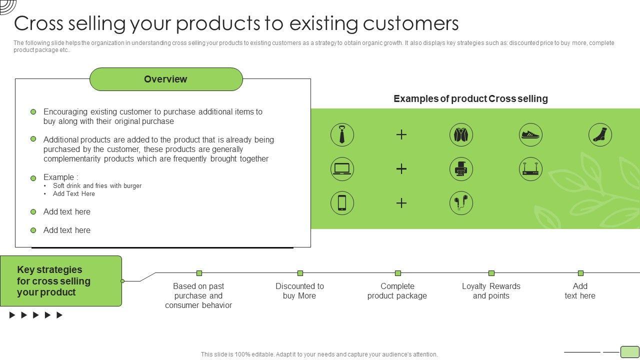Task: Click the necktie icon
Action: tap(342, 134)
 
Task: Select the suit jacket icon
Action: tap(461, 134)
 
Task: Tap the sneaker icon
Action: tap(530, 134)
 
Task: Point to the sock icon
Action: tap(599, 134)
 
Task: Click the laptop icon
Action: tap(342, 169)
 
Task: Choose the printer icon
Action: tap(461, 169)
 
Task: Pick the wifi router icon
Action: tap(530, 169)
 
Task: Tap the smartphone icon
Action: tap(342, 203)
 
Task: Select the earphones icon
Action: tap(461, 203)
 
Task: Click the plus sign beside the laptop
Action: tap(401, 169)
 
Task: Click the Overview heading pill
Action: tap(166, 79)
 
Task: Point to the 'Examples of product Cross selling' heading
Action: tap(470, 98)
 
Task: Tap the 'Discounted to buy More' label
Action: tap(299, 291)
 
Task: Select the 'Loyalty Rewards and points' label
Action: tap(491, 291)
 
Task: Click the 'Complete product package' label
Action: tap(397, 291)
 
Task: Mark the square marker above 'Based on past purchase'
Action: tap(199, 273)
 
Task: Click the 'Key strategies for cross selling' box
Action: tap(60, 281)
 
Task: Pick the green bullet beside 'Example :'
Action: tap(33, 178)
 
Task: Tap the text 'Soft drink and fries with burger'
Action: tap(97, 185)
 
